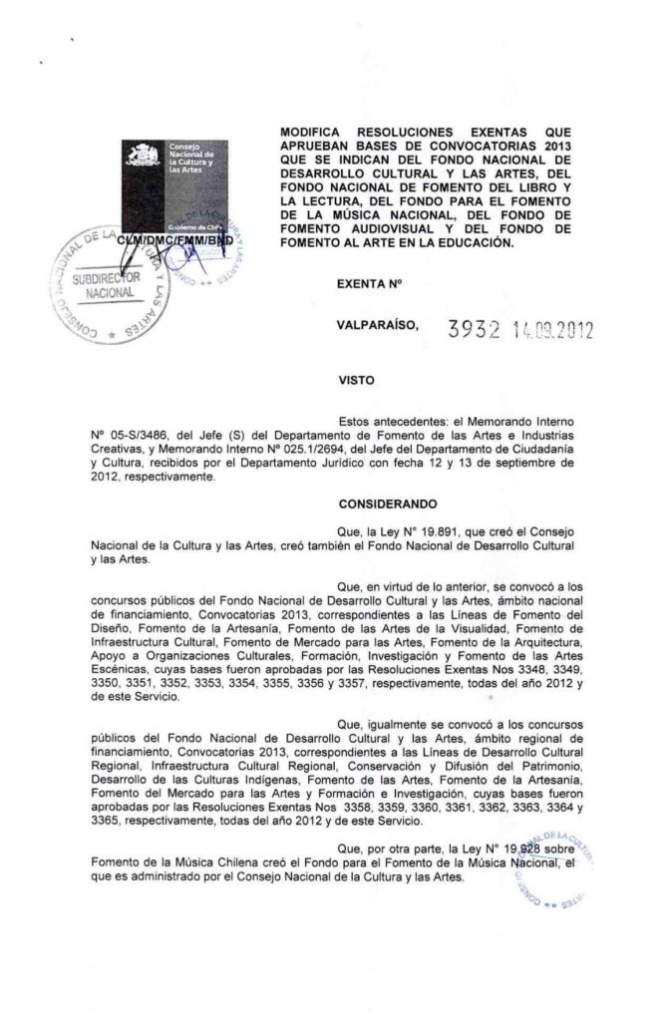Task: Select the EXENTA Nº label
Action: [369, 285]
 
